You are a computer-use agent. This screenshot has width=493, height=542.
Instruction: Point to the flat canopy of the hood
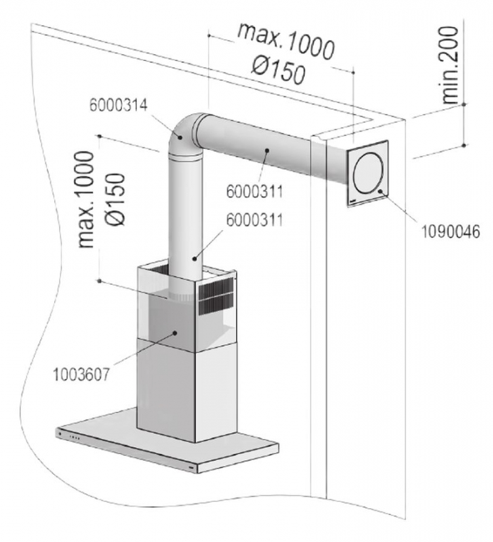coord(170,440)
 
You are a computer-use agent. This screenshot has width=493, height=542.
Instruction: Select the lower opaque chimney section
coord(186,390)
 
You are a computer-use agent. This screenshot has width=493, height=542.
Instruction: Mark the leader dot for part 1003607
coord(175,333)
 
